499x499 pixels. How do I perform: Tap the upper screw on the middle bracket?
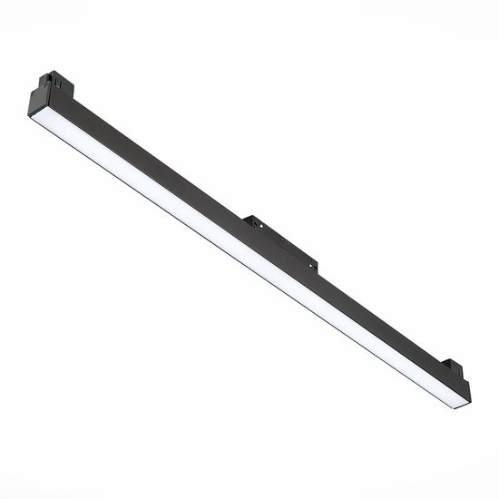pos(256,220)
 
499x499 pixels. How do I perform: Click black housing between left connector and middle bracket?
pos(154,163)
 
